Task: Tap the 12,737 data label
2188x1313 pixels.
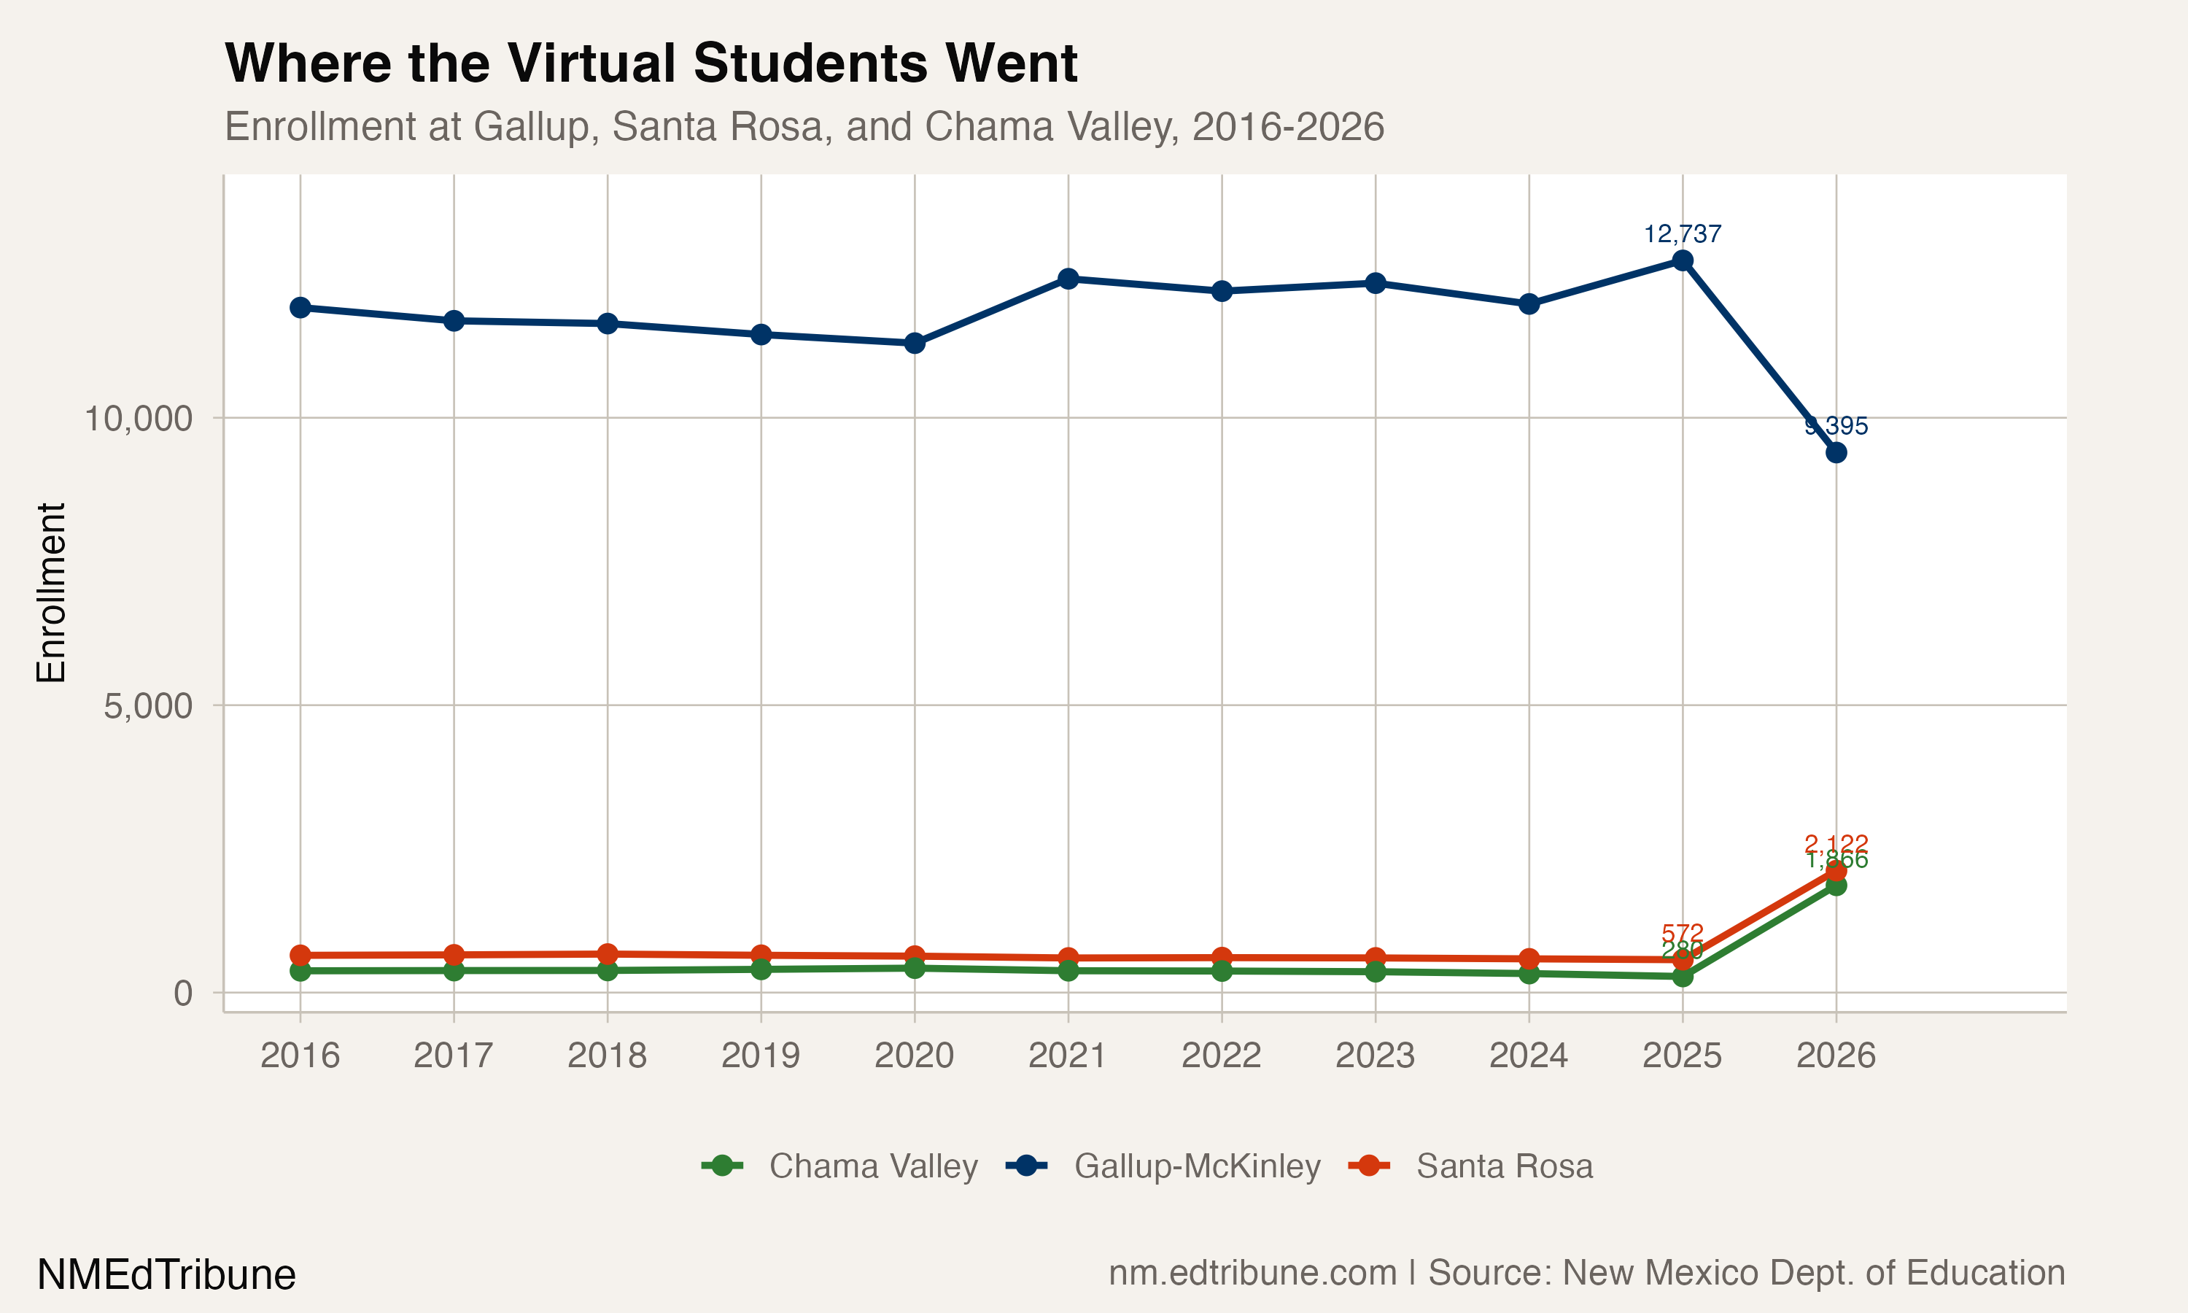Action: pyautogui.click(x=1682, y=234)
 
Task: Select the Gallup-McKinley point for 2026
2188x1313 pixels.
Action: pyautogui.click(x=1836, y=452)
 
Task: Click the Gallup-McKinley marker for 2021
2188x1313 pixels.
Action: pyautogui.click(x=1068, y=279)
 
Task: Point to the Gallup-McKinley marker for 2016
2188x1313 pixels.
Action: pyautogui.click(x=300, y=307)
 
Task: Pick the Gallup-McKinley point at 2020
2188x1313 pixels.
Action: pyautogui.click(x=915, y=342)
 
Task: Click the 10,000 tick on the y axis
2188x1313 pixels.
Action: pyautogui.click(x=138, y=419)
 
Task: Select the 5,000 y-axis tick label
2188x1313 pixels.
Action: pyautogui.click(x=148, y=706)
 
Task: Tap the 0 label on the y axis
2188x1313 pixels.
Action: pyautogui.click(x=183, y=994)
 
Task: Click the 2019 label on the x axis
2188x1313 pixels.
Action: pyautogui.click(x=761, y=1056)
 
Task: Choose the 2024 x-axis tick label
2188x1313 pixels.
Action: pyautogui.click(x=1528, y=1056)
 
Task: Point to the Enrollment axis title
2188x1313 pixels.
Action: pyautogui.click(x=51, y=593)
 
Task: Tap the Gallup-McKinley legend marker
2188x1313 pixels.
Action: pyautogui.click(x=1027, y=1166)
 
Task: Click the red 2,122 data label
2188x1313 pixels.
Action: pyautogui.click(x=1836, y=843)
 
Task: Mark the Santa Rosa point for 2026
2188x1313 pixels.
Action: pyautogui.click(x=1836, y=872)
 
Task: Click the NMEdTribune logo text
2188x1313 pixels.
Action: pyautogui.click(x=166, y=1275)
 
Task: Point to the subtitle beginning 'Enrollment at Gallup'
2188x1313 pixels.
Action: pyautogui.click(x=804, y=126)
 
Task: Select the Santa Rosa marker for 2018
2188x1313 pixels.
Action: pyautogui.click(x=608, y=954)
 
